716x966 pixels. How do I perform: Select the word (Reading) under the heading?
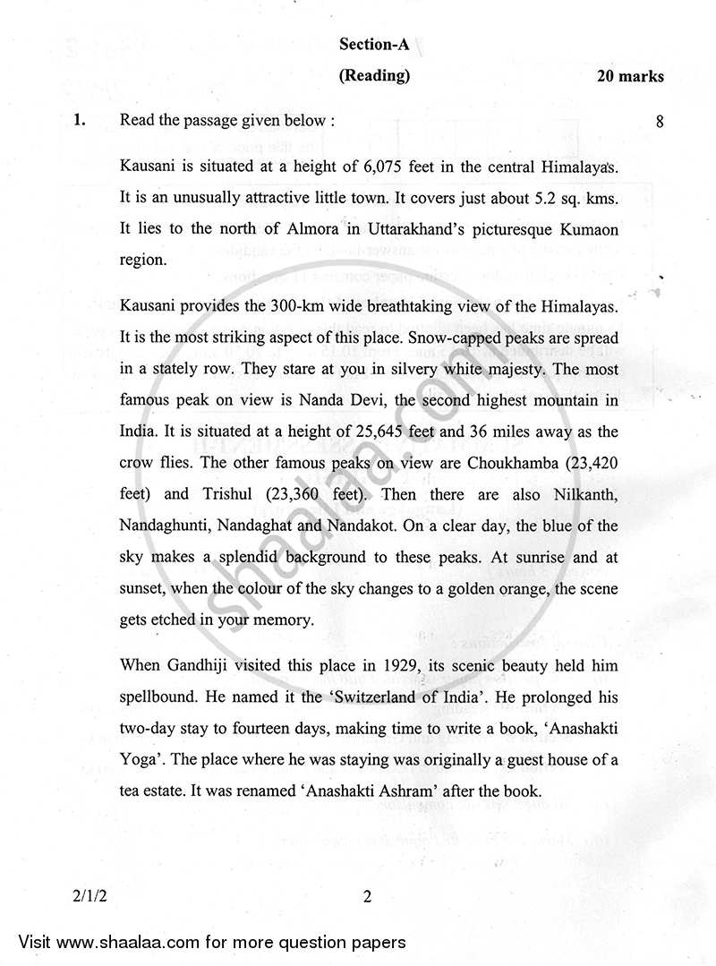[x=374, y=76]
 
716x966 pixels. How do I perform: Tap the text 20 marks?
[x=631, y=77]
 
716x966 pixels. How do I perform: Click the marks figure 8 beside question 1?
[x=660, y=123]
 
